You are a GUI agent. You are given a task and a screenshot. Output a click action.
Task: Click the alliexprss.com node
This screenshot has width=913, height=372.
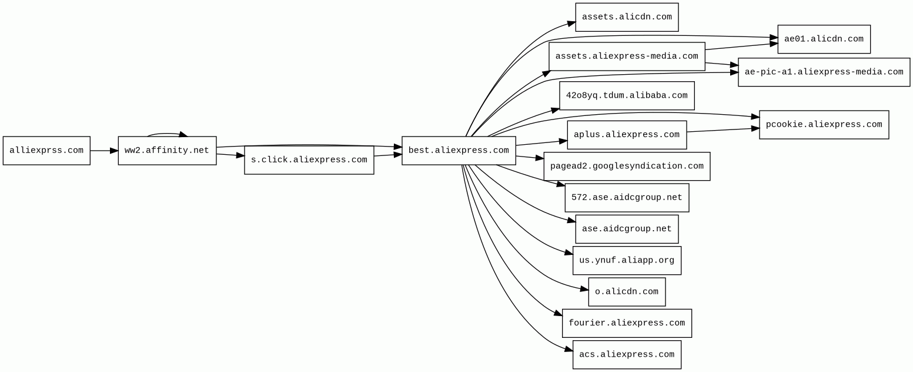(46, 151)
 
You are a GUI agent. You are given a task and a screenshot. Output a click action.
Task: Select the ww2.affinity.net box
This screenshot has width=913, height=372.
(167, 151)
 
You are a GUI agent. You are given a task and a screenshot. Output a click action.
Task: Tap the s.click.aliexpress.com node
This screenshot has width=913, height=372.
(309, 160)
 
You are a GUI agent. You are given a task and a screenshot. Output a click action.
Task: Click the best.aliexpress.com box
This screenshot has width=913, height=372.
(459, 151)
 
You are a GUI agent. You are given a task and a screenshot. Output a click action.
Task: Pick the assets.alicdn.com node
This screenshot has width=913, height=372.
(627, 17)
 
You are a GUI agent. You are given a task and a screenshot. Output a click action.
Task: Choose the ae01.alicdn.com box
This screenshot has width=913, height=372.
(824, 39)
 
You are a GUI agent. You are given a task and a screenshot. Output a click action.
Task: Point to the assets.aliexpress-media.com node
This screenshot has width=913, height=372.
(627, 57)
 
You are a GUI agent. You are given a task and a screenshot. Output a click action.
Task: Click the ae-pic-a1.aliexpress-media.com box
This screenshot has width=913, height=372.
(824, 72)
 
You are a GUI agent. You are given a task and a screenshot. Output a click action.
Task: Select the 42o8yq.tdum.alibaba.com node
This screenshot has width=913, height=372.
(627, 96)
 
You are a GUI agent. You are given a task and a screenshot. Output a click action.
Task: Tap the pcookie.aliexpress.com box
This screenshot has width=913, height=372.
(824, 125)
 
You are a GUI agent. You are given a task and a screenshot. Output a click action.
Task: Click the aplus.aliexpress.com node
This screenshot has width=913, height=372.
(627, 135)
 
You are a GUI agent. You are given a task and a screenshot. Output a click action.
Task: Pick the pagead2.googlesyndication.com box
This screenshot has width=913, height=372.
(627, 167)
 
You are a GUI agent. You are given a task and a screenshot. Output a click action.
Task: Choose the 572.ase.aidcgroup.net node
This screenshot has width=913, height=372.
(627, 198)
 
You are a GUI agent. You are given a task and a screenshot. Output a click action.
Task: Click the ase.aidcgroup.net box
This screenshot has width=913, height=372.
(627, 229)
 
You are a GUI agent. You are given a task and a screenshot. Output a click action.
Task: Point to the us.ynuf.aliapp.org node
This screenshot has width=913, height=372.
(627, 261)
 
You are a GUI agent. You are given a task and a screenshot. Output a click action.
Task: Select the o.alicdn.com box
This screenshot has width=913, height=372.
(627, 292)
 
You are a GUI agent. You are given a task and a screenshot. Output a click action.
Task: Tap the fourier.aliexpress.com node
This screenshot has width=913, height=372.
(627, 323)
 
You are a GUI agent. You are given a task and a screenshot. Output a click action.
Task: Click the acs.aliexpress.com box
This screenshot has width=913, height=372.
(627, 355)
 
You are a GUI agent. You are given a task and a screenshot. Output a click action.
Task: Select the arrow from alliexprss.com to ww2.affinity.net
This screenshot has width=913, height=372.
(104, 151)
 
